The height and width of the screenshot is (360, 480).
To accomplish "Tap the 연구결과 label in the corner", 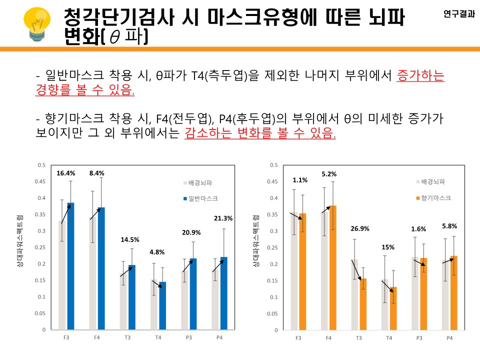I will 459,14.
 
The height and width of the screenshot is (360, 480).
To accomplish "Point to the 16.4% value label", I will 66,173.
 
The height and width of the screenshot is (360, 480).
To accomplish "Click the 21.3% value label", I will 222,218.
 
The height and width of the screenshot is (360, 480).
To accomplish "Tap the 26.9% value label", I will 359,228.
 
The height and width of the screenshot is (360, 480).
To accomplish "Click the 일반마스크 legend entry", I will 202,198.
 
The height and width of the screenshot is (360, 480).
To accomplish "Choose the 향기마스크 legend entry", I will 435,198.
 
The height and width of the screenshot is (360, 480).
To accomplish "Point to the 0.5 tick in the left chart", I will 42,165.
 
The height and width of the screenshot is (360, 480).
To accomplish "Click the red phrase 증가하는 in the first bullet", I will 420,75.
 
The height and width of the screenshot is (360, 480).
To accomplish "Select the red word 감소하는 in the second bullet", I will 206,133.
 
